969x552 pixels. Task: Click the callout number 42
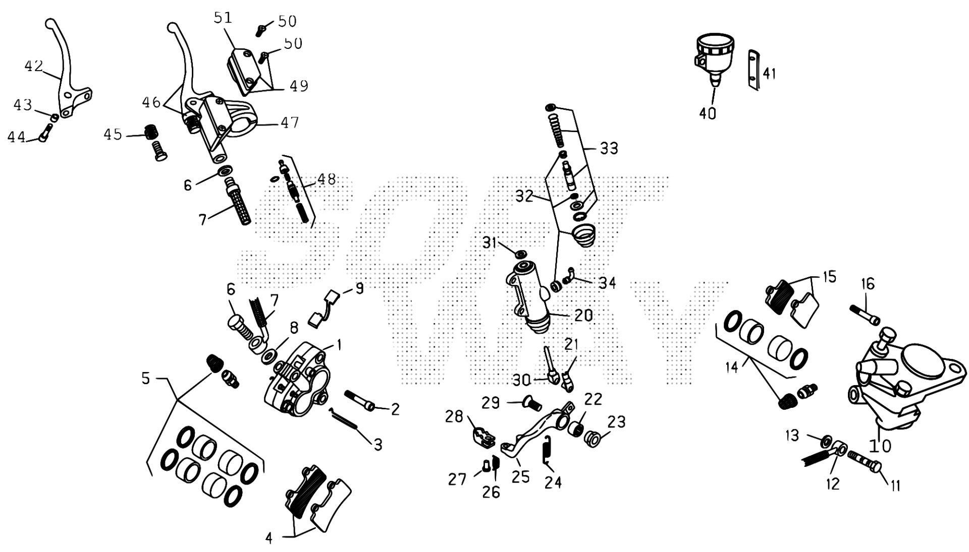tap(34, 66)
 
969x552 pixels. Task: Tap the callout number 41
tap(769, 74)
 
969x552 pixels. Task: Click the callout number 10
tap(880, 446)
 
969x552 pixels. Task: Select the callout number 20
tap(583, 316)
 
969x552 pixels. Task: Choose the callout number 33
tap(609, 149)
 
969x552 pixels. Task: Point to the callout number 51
tap(223, 18)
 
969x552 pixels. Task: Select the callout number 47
tap(289, 122)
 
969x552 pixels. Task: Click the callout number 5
tap(146, 378)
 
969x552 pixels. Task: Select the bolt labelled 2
tap(359, 400)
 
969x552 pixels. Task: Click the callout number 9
tap(359, 288)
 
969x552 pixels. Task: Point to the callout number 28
tap(454, 417)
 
